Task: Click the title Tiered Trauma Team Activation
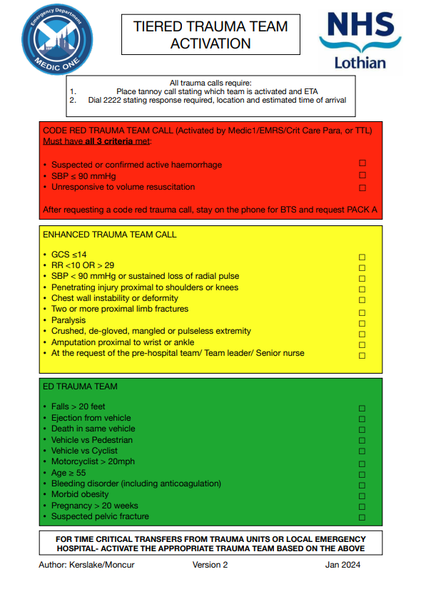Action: click(x=210, y=35)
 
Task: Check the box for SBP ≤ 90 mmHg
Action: click(x=362, y=176)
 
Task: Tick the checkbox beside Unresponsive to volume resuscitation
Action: click(x=362, y=188)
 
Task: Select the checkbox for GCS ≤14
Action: click(x=362, y=257)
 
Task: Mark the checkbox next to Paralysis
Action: click(x=362, y=323)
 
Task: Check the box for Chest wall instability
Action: click(x=362, y=300)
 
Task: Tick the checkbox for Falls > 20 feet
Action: click(x=362, y=409)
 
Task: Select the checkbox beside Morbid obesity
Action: click(x=362, y=496)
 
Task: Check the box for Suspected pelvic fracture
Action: click(x=362, y=518)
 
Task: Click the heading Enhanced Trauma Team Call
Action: click(x=109, y=235)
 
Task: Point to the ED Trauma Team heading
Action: click(x=80, y=386)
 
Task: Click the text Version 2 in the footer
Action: click(x=210, y=565)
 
